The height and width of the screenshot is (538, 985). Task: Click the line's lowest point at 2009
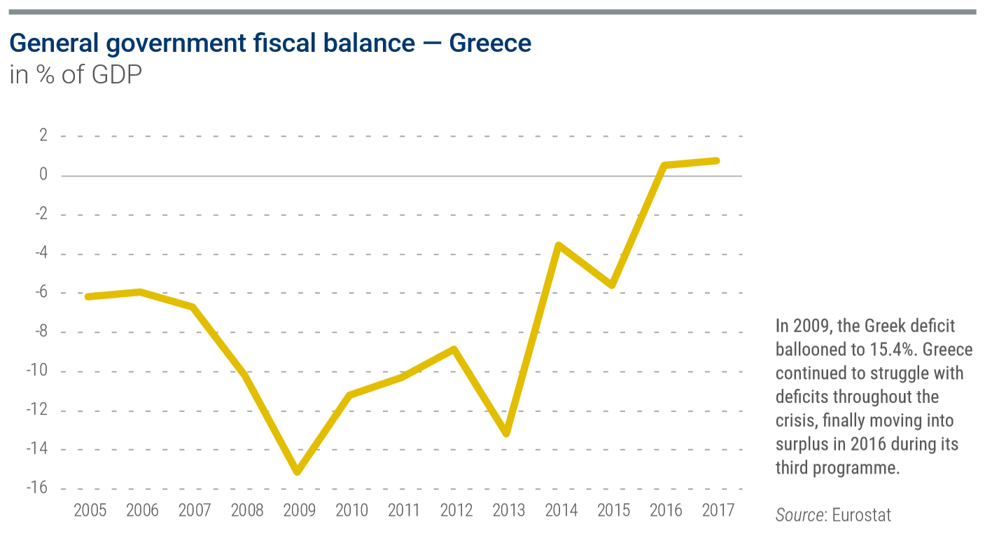pyautogui.click(x=298, y=471)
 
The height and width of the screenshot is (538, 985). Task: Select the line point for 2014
pyautogui.click(x=559, y=245)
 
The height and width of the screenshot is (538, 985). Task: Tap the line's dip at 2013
pyautogui.click(x=506, y=433)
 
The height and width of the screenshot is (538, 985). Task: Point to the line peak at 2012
pyautogui.click(x=454, y=349)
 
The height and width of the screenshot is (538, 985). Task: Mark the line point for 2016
pyautogui.click(x=664, y=165)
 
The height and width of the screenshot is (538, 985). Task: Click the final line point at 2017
pyautogui.click(x=716, y=160)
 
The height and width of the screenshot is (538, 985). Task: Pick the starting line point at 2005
pyautogui.click(x=89, y=296)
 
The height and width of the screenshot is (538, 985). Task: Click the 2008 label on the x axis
pyautogui.click(x=246, y=510)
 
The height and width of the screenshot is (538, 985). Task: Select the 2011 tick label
pyautogui.click(x=403, y=510)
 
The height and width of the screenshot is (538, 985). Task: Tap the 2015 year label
pyautogui.click(x=613, y=510)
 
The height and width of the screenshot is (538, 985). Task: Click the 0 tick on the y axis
pyautogui.click(x=43, y=175)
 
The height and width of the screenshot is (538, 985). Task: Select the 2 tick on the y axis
pyautogui.click(x=43, y=135)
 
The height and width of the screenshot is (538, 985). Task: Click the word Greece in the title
pyautogui.click(x=490, y=43)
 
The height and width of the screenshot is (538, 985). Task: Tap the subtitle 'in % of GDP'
pyautogui.click(x=76, y=75)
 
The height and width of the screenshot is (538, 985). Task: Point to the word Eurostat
pyautogui.click(x=862, y=516)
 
